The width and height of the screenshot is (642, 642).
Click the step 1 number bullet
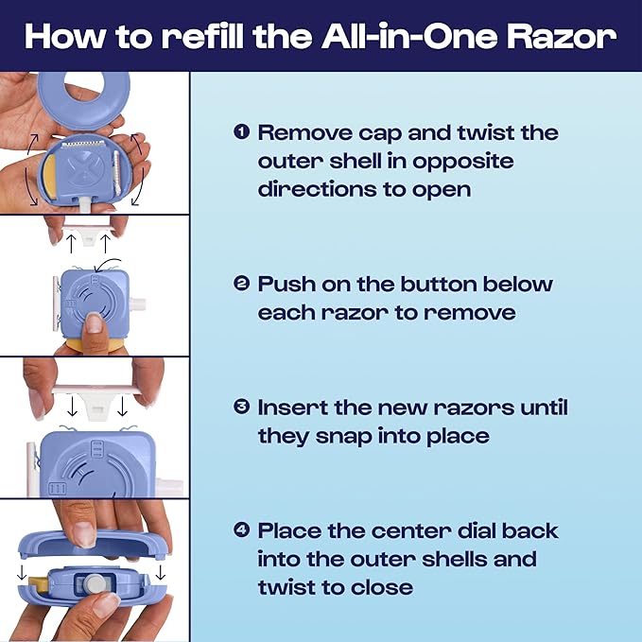pos(241,131)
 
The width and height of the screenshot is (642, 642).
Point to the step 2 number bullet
pos(241,283)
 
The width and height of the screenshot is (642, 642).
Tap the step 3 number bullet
pos(241,408)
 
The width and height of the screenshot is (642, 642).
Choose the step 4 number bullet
pos(241,530)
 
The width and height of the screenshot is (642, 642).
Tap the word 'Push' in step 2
pos(287,284)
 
